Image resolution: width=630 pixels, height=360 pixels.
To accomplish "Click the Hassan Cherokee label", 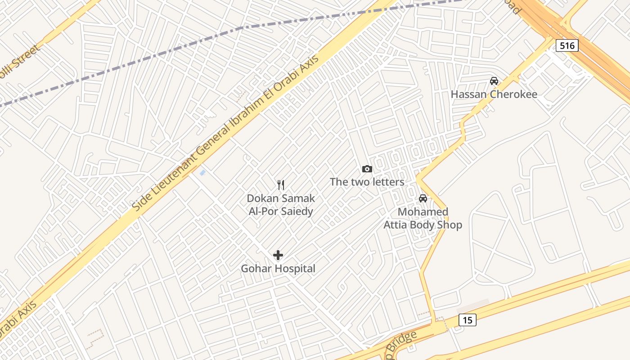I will (494, 94).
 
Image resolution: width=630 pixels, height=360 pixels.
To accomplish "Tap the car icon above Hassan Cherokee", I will (494, 81).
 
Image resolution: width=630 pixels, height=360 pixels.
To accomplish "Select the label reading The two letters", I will (367, 182).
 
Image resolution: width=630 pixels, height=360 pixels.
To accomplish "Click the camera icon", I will (367, 169).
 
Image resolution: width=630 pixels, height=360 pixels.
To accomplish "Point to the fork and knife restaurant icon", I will (281, 185).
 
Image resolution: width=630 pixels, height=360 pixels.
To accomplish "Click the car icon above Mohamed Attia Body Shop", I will (423, 198).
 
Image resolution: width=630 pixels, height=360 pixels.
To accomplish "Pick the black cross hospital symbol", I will (278, 255).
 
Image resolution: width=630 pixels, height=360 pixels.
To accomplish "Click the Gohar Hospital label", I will (278, 269).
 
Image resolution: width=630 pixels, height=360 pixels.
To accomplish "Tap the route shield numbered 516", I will (567, 45).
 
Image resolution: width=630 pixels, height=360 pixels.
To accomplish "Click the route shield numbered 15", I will (468, 320).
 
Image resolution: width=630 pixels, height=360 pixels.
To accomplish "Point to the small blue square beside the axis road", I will (202, 172).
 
